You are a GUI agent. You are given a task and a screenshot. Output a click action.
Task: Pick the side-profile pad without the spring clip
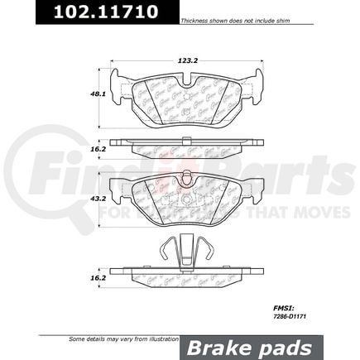point(185,146)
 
